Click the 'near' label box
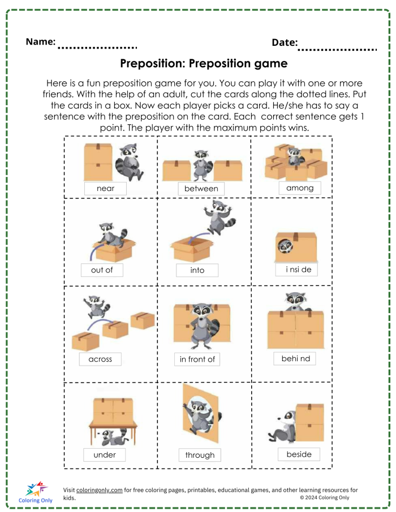pyautogui.click(x=105, y=188)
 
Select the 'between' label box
pyautogui.click(x=201, y=189)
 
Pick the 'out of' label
pyautogui.click(x=102, y=270)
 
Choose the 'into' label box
pyautogui.click(x=197, y=270)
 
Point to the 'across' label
pyautogui.click(x=100, y=359)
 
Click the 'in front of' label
pyautogui.click(x=197, y=359)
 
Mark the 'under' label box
pyautogui.click(x=105, y=455)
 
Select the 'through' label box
pyautogui.click(x=200, y=455)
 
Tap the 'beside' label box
pyautogui.click(x=299, y=454)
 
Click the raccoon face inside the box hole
pyautogui.click(x=285, y=246)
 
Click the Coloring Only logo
pyautogui.click(x=36, y=492)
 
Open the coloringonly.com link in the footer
pyautogui.click(x=100, y=490)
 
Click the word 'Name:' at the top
pyautogui.click(x=40, y=41)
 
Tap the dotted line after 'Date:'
pyautogui.click(x=337, y=50)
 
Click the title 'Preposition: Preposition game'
pyautogui.click(x=204, y=63)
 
